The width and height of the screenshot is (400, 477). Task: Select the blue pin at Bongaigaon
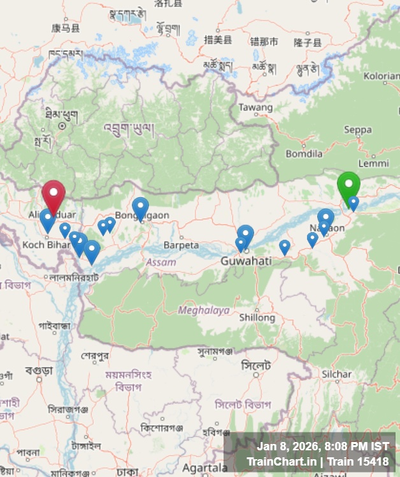[x=140, y=207]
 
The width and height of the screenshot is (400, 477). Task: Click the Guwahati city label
[x=246, y=261]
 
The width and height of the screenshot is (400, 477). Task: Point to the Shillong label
[x=257, y=317]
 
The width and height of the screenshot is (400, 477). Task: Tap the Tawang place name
[x=255, y=107]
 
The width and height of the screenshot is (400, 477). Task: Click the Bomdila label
[x=304, y=153]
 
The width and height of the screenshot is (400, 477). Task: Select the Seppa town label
[x=357, y=130]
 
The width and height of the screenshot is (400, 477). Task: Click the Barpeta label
[x=181, y=245]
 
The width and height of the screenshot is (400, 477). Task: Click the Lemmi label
[x=373, y=163]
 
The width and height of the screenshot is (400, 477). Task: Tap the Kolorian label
[x=381, y=76]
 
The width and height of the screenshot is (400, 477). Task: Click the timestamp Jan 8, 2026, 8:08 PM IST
[x=322, y=446]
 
